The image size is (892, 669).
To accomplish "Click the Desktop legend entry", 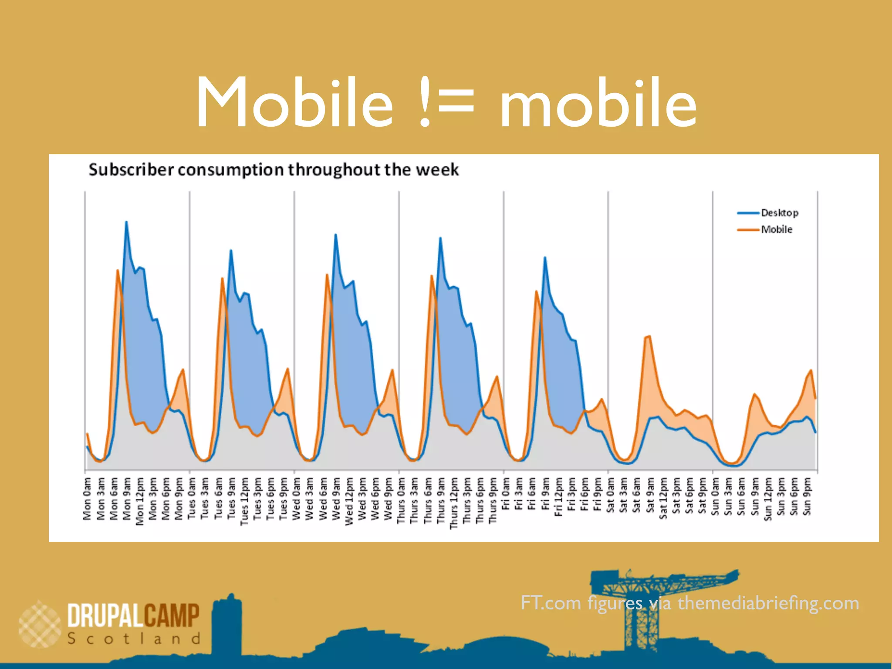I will point(779,213).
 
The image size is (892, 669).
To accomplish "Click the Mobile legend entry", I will point(776,230).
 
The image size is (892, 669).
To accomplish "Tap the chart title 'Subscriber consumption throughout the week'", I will point(274,169).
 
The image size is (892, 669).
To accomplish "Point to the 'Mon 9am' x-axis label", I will point(127,499).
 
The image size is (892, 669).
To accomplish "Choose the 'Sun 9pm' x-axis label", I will point(807,497).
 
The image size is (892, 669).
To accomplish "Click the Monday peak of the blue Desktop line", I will point(126,222).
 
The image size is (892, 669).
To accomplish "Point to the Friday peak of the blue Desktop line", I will point(545,258).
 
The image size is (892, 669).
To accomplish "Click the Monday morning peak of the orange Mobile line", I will point(118,270).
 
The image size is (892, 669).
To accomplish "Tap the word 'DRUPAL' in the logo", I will point(105,615).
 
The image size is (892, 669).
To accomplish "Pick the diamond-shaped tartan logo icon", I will point(40,624).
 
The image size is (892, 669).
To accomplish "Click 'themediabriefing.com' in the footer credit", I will point(768,603).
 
